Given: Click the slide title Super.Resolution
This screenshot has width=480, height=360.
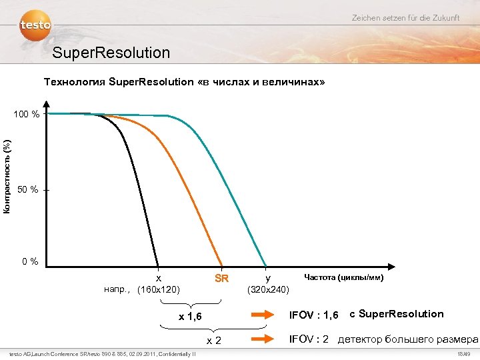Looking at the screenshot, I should click(111, 52).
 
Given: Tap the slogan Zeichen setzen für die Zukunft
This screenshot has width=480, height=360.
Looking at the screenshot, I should click(405, 17).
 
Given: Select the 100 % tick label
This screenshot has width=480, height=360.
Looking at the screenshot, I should click(27, 115).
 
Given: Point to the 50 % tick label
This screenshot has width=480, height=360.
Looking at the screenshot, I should click(28, 191).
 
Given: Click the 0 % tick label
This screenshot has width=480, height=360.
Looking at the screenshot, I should click(29, 261).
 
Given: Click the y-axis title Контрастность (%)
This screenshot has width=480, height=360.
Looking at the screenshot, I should click(7, 176).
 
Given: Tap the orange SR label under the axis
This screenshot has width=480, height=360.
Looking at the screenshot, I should click(221, 277).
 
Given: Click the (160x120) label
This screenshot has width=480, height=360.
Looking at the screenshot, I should click(158, 289).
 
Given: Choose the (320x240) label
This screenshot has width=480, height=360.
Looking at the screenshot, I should click(267, 289).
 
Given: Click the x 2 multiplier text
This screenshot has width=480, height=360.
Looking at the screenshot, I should click(213, 340).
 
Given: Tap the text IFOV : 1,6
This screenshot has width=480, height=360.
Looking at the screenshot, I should click(313, 315).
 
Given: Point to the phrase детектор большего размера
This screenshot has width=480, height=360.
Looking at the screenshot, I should click(408, 339).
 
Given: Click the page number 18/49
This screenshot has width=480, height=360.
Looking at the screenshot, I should click(464, 354).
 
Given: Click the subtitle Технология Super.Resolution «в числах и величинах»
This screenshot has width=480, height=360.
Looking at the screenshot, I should click(184, 83).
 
